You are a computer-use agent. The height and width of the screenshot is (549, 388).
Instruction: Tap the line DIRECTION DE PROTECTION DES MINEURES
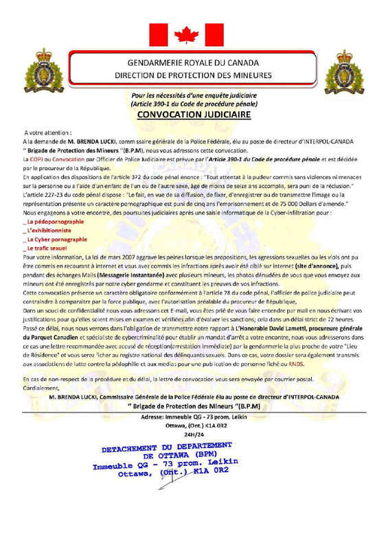click(194, 73)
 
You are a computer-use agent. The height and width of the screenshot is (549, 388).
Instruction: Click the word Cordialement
click(41, 389)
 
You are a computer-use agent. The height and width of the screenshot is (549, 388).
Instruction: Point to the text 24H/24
click(194, 434)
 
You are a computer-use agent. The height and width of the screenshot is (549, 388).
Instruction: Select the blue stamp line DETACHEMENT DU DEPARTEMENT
click(170, 447)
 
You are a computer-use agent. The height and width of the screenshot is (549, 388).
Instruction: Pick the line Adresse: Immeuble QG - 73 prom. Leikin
click(194, 417)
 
